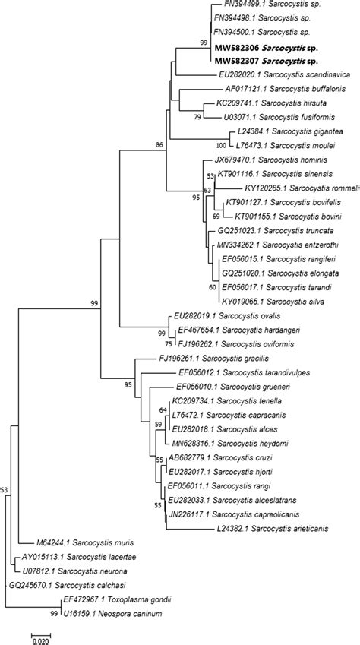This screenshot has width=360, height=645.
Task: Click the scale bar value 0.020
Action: point(40,641)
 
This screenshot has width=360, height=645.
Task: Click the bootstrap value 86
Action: point(159,145)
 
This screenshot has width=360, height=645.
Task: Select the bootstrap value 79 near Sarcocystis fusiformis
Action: point(198,117)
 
